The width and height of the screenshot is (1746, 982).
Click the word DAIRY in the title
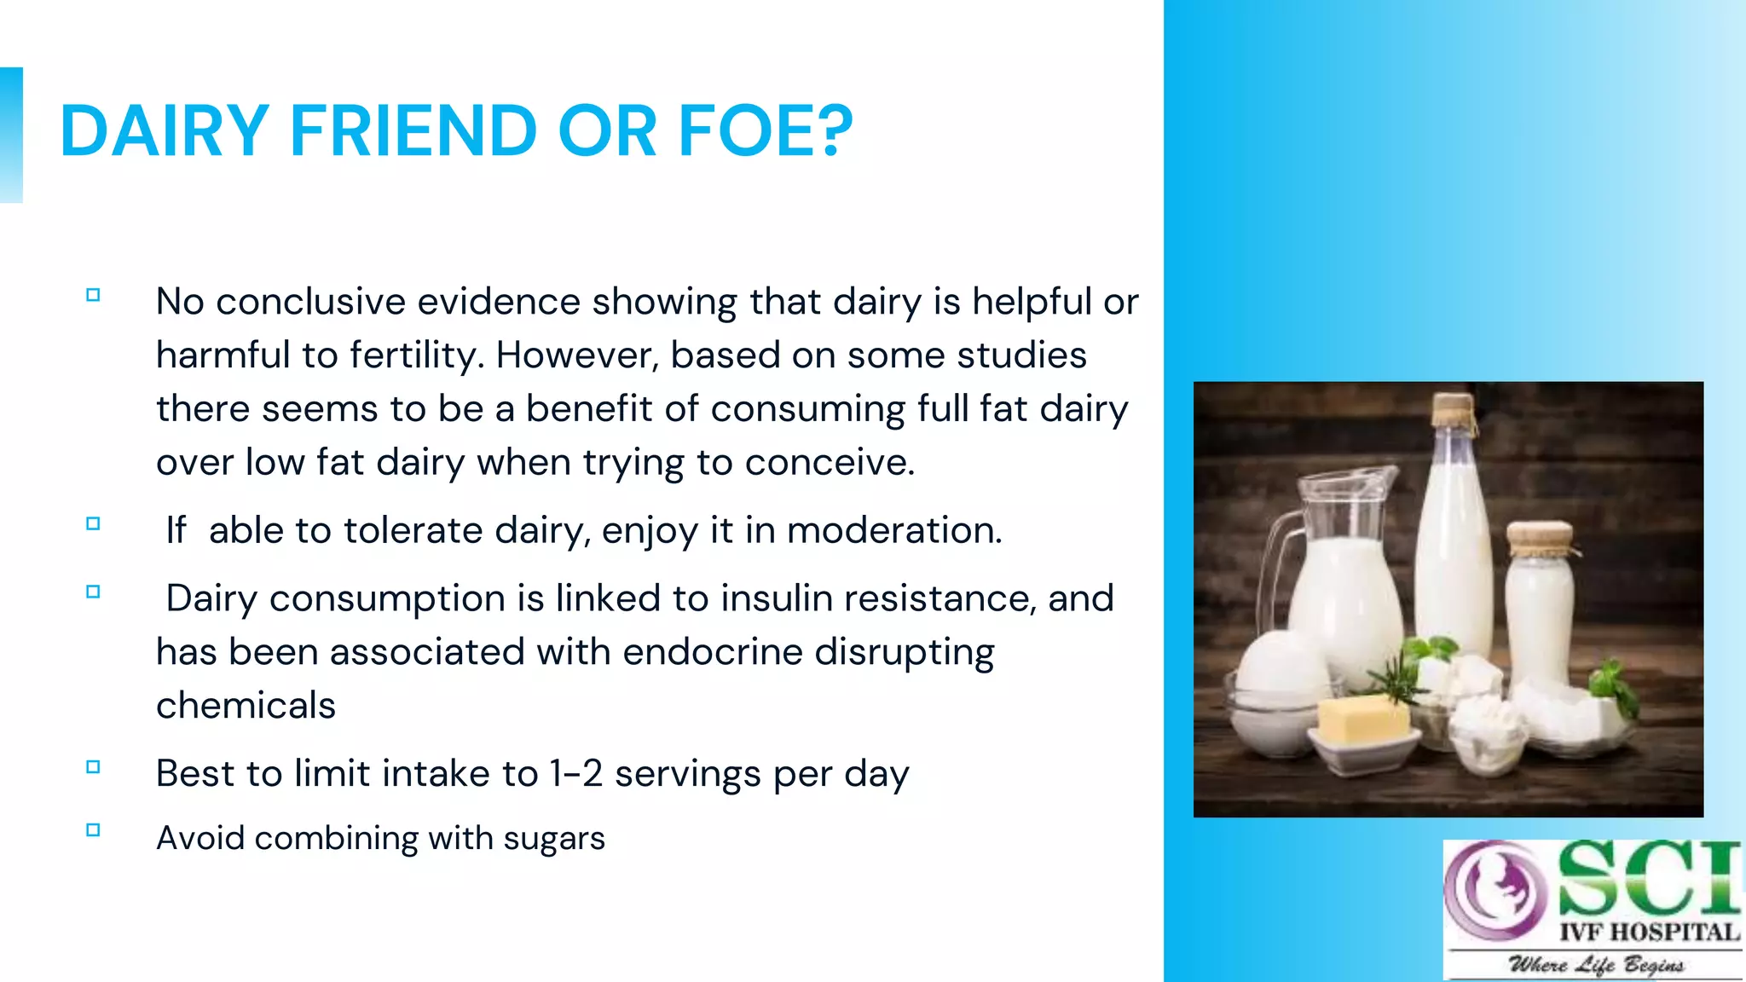coord(165,131)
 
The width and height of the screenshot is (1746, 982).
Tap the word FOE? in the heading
coord(765,131)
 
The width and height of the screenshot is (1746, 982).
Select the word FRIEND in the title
coord(413,131)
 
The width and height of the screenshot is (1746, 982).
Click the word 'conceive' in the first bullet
coord(828,463)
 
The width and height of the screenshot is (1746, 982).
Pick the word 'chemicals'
coord(246,706)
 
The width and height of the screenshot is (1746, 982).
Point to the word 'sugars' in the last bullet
coord(554,839)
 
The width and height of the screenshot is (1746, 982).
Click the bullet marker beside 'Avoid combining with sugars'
coord(94,830)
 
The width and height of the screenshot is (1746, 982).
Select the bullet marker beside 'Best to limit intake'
coord(94,767)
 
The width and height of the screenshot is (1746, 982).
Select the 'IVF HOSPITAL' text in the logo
coord(1649,933)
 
